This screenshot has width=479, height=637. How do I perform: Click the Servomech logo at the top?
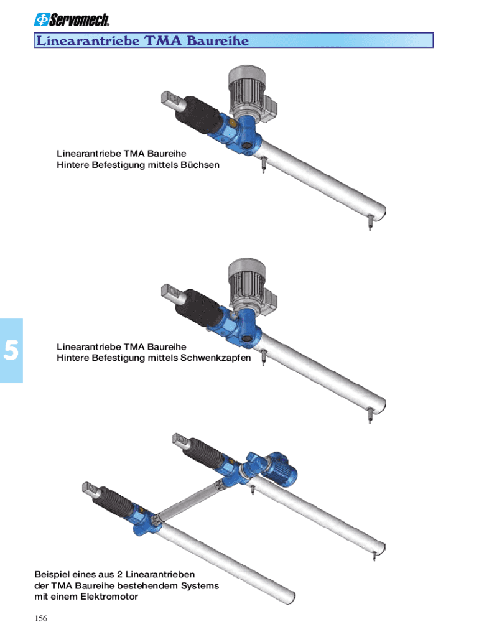(72, 19)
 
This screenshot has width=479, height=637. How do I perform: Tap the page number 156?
(40, 618)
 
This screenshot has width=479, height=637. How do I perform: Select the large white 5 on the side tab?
(11, 350)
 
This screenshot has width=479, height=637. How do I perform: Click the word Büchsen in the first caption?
(200, 165)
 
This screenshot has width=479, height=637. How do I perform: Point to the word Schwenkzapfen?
(215, 358)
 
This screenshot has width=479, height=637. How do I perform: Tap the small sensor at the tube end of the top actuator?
(370, 223)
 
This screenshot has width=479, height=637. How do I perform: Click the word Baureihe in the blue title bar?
(217, 40)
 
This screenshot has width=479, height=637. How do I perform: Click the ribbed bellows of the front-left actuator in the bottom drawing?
(117, 503)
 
